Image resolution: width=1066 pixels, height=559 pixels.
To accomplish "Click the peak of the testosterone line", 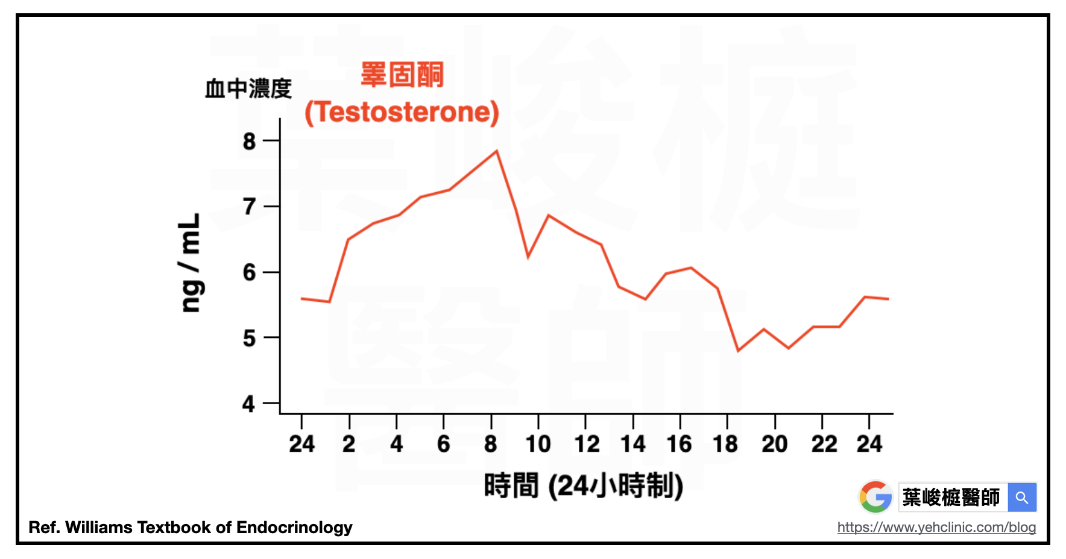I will [x=497, y=151].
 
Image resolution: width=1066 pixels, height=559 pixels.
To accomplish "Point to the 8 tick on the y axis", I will [x=272, y=140].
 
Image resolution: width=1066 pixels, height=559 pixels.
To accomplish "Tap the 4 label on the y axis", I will [x=249, y=404].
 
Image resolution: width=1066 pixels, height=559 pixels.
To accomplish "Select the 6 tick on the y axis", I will [x=272, y=272].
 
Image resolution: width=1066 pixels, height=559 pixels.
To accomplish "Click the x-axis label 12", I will [x=586, y=445].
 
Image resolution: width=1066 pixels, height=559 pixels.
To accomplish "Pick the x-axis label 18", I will [x=725, y=445].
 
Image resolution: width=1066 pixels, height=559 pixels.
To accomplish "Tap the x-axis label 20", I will [x=775, y=445].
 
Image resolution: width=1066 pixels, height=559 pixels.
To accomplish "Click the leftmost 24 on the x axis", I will [x=301, y=445].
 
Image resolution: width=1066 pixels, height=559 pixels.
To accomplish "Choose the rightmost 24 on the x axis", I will [x=869, y=445].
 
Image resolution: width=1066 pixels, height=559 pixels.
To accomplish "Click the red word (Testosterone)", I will [x=402, y=112].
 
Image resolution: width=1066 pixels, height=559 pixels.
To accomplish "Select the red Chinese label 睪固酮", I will [x=402, y=75].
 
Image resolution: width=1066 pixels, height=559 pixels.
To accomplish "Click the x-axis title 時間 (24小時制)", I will [x=583, y=486].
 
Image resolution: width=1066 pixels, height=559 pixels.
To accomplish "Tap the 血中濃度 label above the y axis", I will [x=248, y=89].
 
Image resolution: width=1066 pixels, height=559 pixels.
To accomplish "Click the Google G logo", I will [x=876, y=497].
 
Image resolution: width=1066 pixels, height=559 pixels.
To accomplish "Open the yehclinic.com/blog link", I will [x=936, y=528].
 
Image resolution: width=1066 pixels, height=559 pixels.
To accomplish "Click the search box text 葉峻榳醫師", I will [x=951, y=498].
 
